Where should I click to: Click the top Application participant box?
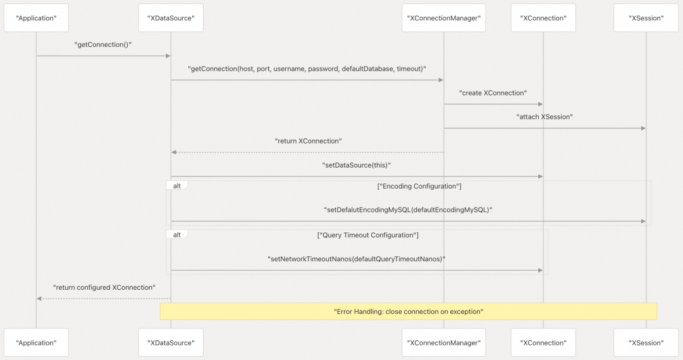pyautogui.click(x=36, y=18)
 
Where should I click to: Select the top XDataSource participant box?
pyautogui.click(x=171, y=18)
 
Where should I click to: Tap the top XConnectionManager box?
pyautogui.click(x=443, y=18)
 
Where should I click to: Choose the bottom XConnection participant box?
pyautogui.click(x=543, y=342)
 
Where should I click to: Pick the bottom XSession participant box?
pyautogui.click(x=646, y=342)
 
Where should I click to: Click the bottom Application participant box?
pyautogui.click(x=36, y=342)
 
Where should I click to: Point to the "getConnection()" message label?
pyautogui.click(x=103, y=44)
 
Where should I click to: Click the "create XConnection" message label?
pyautogui.click(x=493, y=93)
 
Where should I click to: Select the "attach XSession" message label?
pyautogui.click(x=545, y=117)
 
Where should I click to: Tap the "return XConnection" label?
pyautogui.click(x=308, y=141)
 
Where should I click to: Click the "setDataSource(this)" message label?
pyautogui.click(x=356, y=165)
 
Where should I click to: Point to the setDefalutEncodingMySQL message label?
pyautogui.click(x=408, y=209)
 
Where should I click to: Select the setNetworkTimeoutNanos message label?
pyautogui.click(x=356, y=259)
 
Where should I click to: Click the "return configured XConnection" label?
pyautogui.click(x=104, y=287)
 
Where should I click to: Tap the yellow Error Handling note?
pyautogui.click(x=408, y=312)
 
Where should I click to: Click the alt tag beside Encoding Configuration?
pyautogui.click(x=177, y=185)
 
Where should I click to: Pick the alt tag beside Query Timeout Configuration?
pyautogui.click(x=177, y=235)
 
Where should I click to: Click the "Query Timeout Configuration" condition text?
pyautogui.click(x=367, y=235)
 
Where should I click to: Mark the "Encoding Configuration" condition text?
pyautogui.click(x=419, y=186)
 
